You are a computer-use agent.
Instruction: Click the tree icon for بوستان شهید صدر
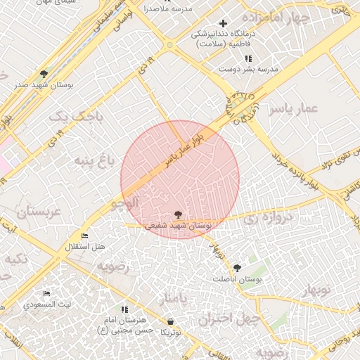pyautogui.click(x=44, y=73)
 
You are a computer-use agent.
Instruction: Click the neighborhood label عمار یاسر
pyautogui.click(x=297, y=108)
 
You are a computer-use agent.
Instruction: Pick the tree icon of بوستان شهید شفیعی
pyautogui.click(x=177, y=214)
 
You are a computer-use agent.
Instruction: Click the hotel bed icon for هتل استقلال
pyautogui.click(x=85, y=236)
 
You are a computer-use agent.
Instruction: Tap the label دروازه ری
pyautogui.click(x=262, y=219)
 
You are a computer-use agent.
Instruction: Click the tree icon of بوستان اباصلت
pyautogui.click(x=237, y=268)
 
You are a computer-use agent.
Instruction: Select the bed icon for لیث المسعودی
pyautogui.click(x=46, y=294)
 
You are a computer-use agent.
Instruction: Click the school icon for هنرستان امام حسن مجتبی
pyautogui.click(x=125, y=309)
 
